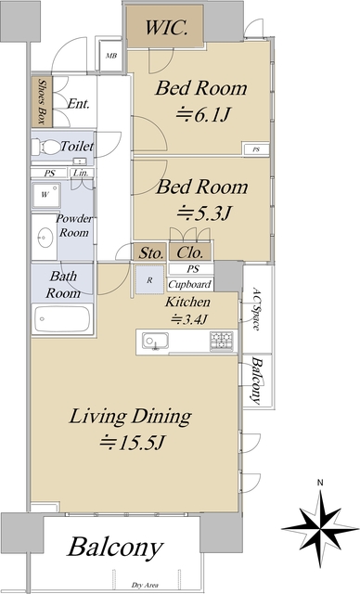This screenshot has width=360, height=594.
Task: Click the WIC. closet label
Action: (x=171, y=28)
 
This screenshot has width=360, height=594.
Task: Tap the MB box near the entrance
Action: (x=111, y=56)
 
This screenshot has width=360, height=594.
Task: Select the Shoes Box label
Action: (x=40, y=100)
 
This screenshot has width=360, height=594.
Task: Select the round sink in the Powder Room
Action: (x=45, y=237)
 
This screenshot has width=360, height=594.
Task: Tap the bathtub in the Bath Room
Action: (x=61, y=320)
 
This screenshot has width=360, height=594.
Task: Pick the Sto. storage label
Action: (x=151, y=252)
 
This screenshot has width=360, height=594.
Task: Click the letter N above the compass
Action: (x=318, y=483)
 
